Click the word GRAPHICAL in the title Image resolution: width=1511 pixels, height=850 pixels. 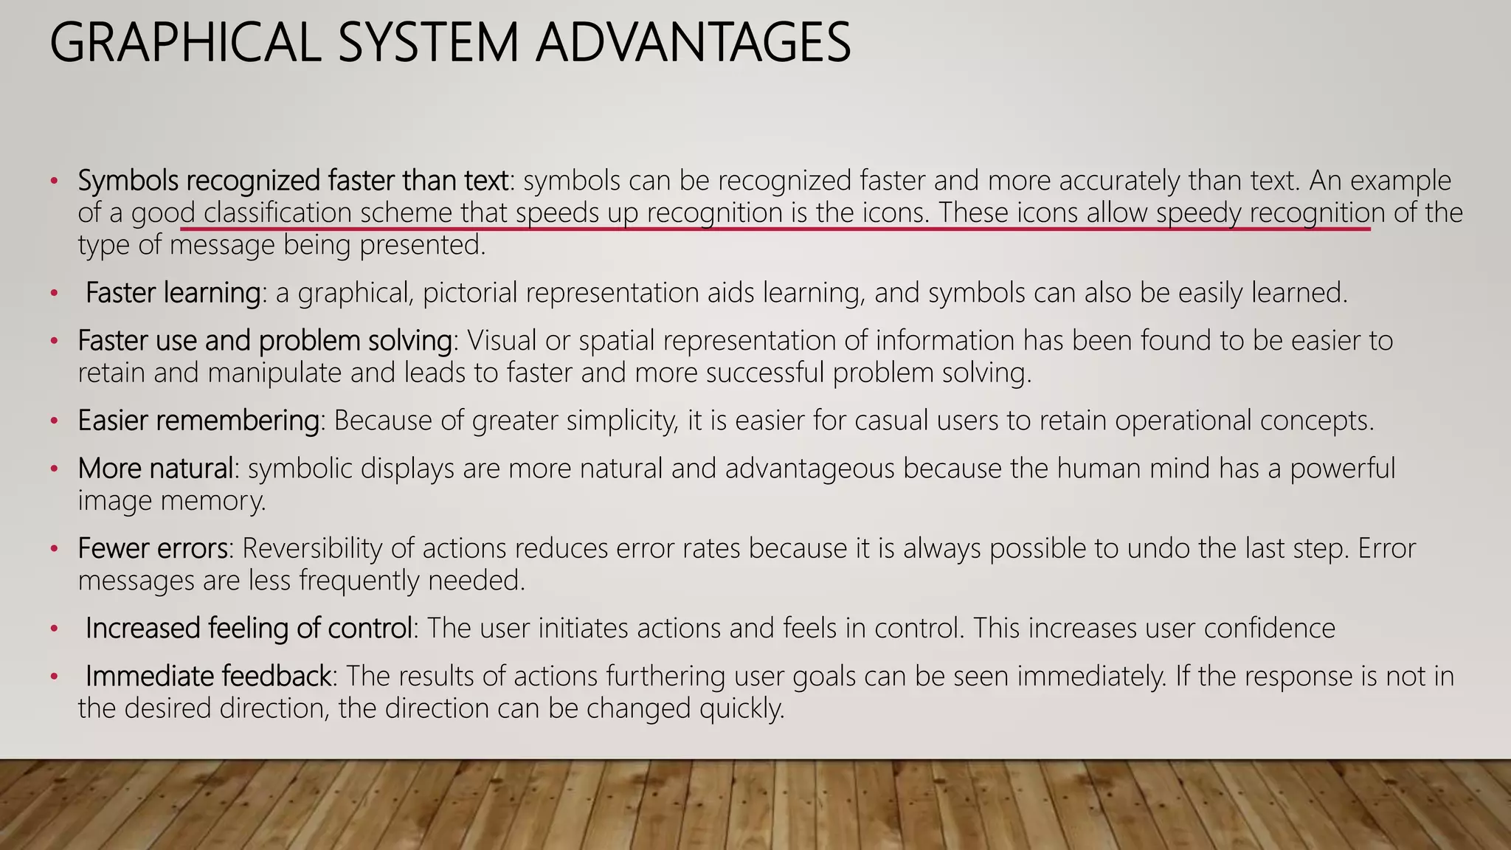(x=184, y=43)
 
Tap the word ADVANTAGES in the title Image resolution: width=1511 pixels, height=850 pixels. (x=693, y=43)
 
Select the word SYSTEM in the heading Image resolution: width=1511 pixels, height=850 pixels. (x=428, y=43)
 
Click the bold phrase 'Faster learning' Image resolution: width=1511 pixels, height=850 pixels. (x=173, y=293)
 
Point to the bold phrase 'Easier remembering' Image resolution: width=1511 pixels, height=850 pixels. (x=198, y=421)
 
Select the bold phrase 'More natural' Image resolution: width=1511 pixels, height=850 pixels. (x=156, y=469)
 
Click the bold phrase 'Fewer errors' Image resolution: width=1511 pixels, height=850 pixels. (x=153, y=548)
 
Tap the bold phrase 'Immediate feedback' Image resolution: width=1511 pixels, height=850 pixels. (x=208, y=676)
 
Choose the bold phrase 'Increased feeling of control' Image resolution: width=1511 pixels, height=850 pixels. (x=249, y=628)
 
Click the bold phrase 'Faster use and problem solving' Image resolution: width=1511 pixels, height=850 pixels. (x=265, y=341)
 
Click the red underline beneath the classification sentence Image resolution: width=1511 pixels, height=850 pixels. (x=775, y=229)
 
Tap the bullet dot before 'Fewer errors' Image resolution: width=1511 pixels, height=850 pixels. (x=54, y=550)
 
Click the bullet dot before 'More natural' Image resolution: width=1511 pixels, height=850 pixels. (x=54, y=470)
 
